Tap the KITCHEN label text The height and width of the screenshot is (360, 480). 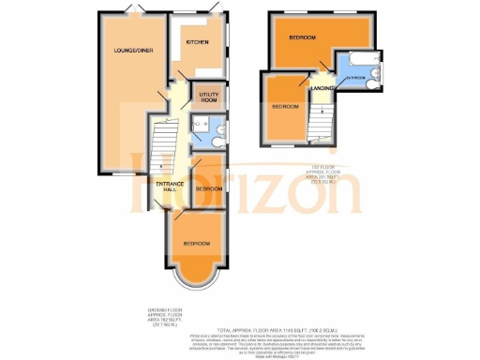click(x=196, y=42)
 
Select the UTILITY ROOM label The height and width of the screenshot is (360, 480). click(x=207, y=97)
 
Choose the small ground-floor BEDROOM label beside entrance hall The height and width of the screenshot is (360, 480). click(x=208, y=188)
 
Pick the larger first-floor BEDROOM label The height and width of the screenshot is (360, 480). click(x=302, y=37)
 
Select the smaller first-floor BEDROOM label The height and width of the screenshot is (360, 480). click(x=284, y=107)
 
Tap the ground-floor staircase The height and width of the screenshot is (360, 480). click(x=159, y=150)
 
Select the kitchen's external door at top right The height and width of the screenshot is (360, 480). click(x=217, y=10)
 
